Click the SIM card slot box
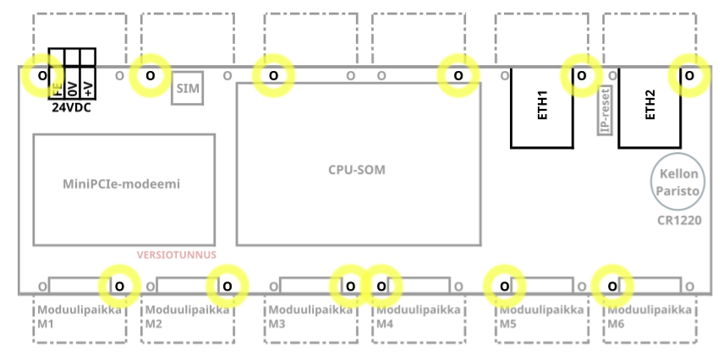187,88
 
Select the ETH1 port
542,108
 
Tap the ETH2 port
649,108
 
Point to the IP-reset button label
605,110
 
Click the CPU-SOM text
357,170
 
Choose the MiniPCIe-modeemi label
122,184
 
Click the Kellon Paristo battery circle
678,182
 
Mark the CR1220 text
679,221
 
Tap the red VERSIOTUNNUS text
177,255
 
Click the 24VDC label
72,108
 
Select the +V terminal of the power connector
88,83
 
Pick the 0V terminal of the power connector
73,83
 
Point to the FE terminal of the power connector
57,83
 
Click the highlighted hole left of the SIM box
151,75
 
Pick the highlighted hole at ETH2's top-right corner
689,75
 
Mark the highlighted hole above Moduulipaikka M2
227,286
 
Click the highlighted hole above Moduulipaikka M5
505,286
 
